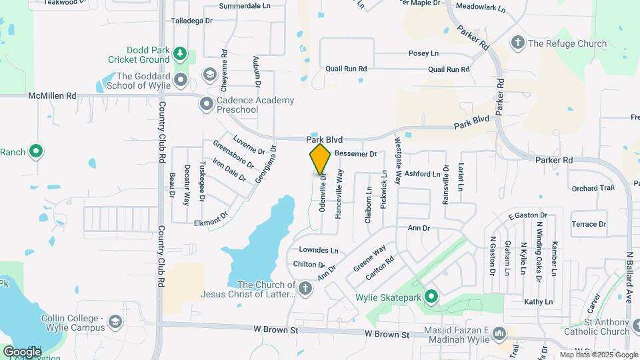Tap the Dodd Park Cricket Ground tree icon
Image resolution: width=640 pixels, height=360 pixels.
(179, 53)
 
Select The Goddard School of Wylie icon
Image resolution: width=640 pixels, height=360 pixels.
(181, 81)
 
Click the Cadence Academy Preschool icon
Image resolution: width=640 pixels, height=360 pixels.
(206, 105)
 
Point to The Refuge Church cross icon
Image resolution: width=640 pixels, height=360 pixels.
(517, 43)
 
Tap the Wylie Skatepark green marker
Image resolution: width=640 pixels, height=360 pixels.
(431, 296)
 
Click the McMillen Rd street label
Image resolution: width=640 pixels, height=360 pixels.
(53, 96)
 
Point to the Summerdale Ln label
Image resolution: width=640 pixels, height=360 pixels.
(245, 6)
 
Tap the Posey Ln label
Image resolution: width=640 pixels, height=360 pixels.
(424, 53)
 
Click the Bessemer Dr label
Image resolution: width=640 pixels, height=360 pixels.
(355, 153)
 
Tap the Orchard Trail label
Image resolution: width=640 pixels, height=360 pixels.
(593, 188)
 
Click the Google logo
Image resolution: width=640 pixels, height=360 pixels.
(22, 351)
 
